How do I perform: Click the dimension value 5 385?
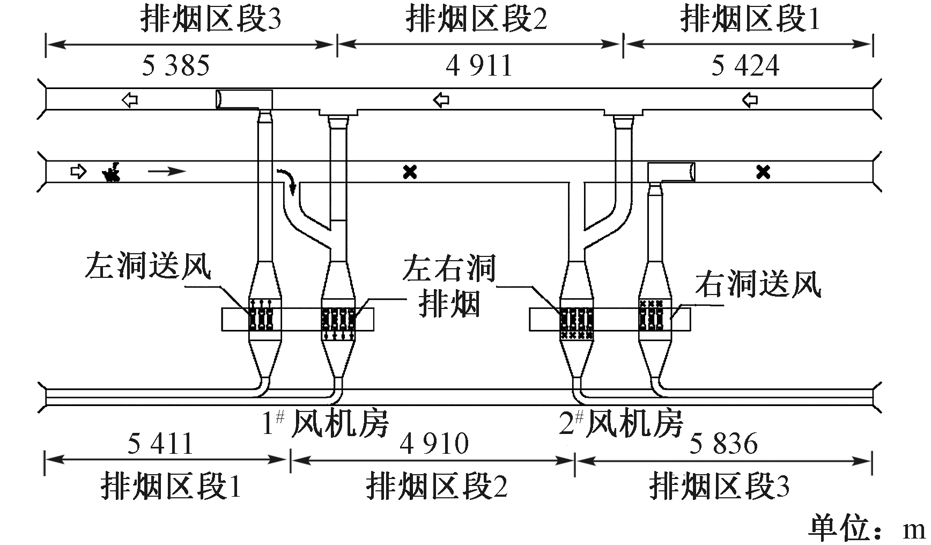pos(176,66)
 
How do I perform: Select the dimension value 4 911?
pos(479,66)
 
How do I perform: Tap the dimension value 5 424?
pos(745,66)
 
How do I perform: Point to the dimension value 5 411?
pos(160,445)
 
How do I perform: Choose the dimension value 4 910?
pos(435,445)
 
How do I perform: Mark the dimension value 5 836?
pos(723,445)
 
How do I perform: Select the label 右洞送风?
pos(758,284)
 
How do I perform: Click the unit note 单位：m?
pos(867,529)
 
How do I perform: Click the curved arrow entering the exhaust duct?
pos(287,180)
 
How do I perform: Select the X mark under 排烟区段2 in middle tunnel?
pos(410,172)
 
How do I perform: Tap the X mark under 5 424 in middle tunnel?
pos(763,172)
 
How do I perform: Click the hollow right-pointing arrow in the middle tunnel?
pos(78,172)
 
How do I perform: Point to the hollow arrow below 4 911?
pos(441,99)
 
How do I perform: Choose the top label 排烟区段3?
pos(210,20)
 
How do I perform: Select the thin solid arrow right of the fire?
pos(167,172)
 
